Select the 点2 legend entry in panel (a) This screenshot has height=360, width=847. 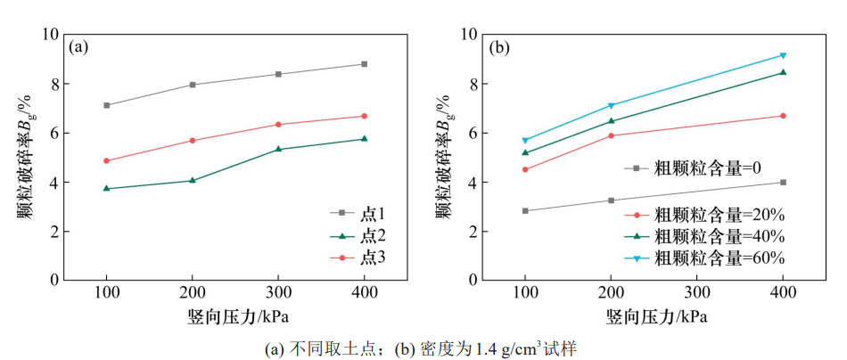coord(360,235)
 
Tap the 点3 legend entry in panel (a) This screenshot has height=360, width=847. coord(360,258)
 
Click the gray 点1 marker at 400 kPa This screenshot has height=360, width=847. coord(364,64)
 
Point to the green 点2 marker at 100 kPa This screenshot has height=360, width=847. coord(107,189)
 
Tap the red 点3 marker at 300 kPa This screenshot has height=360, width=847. coord(278,125)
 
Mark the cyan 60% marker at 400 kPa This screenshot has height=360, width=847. coord(783,55)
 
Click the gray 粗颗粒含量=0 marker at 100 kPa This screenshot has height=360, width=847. coord(525,211)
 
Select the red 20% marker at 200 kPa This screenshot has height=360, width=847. coord(611,135)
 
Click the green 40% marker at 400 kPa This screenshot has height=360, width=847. coord(783,72)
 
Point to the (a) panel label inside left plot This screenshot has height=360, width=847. coord(79,47)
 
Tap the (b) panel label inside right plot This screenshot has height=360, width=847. coord(499,47)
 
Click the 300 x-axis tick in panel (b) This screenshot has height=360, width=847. coord(696,293)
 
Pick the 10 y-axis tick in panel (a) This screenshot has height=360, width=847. coord(50,35)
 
